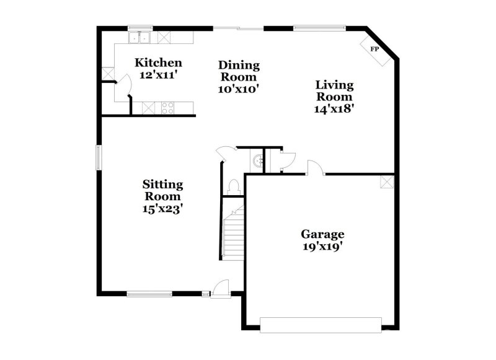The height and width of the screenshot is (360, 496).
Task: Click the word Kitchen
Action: tap(159, 63)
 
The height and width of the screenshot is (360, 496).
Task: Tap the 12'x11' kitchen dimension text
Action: tap(159, 74)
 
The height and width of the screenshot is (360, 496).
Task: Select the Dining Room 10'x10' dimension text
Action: tap(239, 89)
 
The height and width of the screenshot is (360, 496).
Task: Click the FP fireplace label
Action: tap(374, 49)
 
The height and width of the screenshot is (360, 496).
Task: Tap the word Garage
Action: tap(322, 234)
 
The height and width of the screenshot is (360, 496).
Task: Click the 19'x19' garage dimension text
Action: tap(322, 246)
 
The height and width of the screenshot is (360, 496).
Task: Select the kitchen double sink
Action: tap(140, 38)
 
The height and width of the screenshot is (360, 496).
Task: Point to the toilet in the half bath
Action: tap(234, 186)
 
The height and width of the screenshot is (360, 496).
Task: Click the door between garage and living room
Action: tap(314, 167)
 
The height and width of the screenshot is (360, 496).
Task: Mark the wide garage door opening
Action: tap(321, 325)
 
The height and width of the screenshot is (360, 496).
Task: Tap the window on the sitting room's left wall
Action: tap(97, 156)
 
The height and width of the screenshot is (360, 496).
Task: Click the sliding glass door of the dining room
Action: tap(239, 28)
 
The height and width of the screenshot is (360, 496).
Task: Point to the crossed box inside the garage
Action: tap(387, 182)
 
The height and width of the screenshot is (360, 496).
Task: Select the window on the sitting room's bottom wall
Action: tap(149, 294)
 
